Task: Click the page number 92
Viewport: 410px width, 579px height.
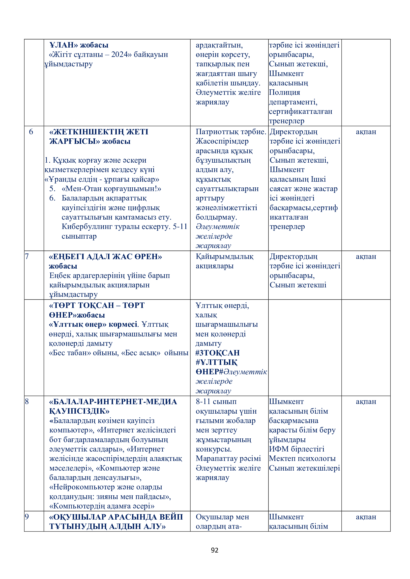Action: point(214,550)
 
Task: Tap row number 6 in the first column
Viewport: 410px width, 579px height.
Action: point(31,132)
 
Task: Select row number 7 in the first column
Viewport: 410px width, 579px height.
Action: point(27,256)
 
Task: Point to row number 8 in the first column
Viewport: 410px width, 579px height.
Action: point(27,402)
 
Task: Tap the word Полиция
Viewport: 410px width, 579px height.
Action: point(284,92)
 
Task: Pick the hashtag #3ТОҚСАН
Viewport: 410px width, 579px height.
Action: point(217,353)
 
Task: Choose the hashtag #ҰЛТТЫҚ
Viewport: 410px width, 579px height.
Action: point(216,362)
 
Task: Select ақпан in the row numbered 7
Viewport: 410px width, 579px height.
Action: point(366,256)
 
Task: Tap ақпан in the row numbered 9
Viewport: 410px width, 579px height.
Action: point(366,517)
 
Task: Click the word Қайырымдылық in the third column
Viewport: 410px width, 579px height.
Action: point(224,256)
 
